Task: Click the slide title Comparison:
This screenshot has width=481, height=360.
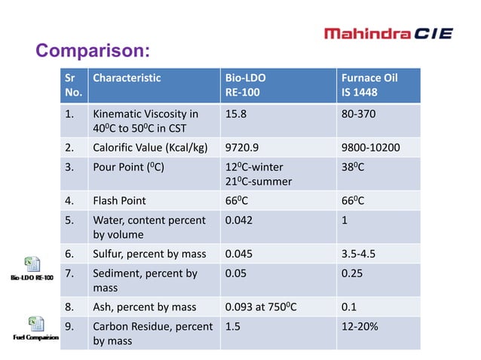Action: (x=93, y=51)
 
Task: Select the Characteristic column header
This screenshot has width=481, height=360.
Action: (x=127, y=78)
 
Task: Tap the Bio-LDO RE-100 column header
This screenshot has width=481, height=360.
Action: (x=246, y=85)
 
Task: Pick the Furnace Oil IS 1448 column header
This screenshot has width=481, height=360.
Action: (x=369, y=85)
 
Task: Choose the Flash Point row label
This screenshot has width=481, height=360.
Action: (x=120, y=201)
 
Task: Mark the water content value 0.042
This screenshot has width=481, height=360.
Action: (x=239, y=221)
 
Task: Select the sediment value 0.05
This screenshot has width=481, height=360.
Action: (x=236, y=273)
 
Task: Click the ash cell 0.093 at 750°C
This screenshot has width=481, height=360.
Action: (x=261, y=307)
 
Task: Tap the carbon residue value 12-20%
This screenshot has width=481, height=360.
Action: (x=358, y=326)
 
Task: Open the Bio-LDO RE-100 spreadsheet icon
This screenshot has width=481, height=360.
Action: (x=32, y=264)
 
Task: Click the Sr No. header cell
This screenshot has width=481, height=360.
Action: (x=72, y=85)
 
